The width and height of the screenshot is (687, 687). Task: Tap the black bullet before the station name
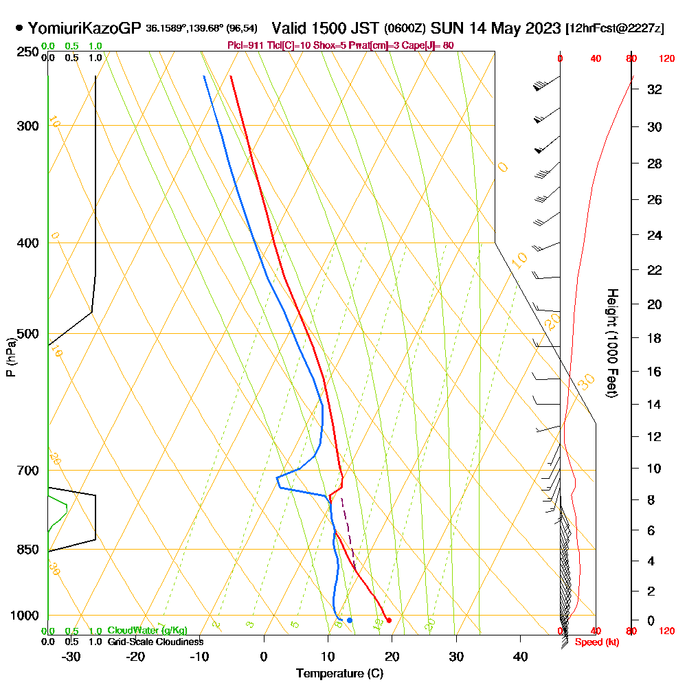(x=19, y=28)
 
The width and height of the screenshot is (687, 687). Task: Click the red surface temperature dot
(x=389, y=620)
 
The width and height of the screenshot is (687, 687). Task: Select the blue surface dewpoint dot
(x=350, y=620)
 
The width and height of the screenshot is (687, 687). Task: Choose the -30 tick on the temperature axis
(x=71, y=656)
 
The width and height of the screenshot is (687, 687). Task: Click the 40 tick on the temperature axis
(x=521, y=656)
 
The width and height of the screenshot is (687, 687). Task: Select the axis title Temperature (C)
(x=339, y=673)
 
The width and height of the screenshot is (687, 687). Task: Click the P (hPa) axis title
(x=10, y=357)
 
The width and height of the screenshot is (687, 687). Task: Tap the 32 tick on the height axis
(x=655, y=89)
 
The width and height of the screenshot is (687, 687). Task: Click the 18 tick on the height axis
(x=655, y=338)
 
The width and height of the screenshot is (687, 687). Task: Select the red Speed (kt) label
(x=594, y=642)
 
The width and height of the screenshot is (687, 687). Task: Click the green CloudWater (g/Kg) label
(x=147, y=631)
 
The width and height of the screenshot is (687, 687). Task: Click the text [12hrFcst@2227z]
(x=614, y=29)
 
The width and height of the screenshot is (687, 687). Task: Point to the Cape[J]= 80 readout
(x=431, y=45)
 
